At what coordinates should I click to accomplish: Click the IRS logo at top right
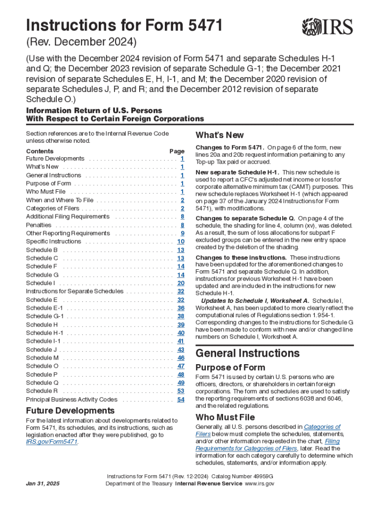coord(328,26)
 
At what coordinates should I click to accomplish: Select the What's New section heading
coord(220,135)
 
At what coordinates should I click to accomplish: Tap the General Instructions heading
coord(247,353)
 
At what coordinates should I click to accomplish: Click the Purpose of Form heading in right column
coord(230,368)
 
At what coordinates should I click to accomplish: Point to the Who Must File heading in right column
coord(225,417)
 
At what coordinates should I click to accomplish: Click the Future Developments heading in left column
coord(70,411)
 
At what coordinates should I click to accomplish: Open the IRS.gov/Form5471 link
coord(52,442)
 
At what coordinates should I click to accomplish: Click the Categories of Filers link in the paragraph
coord(322,427)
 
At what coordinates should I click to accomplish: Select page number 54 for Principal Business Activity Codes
coord(181,399)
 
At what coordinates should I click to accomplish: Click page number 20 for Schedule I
coord(181,283)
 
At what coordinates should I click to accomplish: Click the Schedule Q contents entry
coord(42,382)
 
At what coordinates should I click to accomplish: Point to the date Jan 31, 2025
coord(42,484)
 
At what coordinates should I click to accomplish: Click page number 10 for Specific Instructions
coord(181,242)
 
